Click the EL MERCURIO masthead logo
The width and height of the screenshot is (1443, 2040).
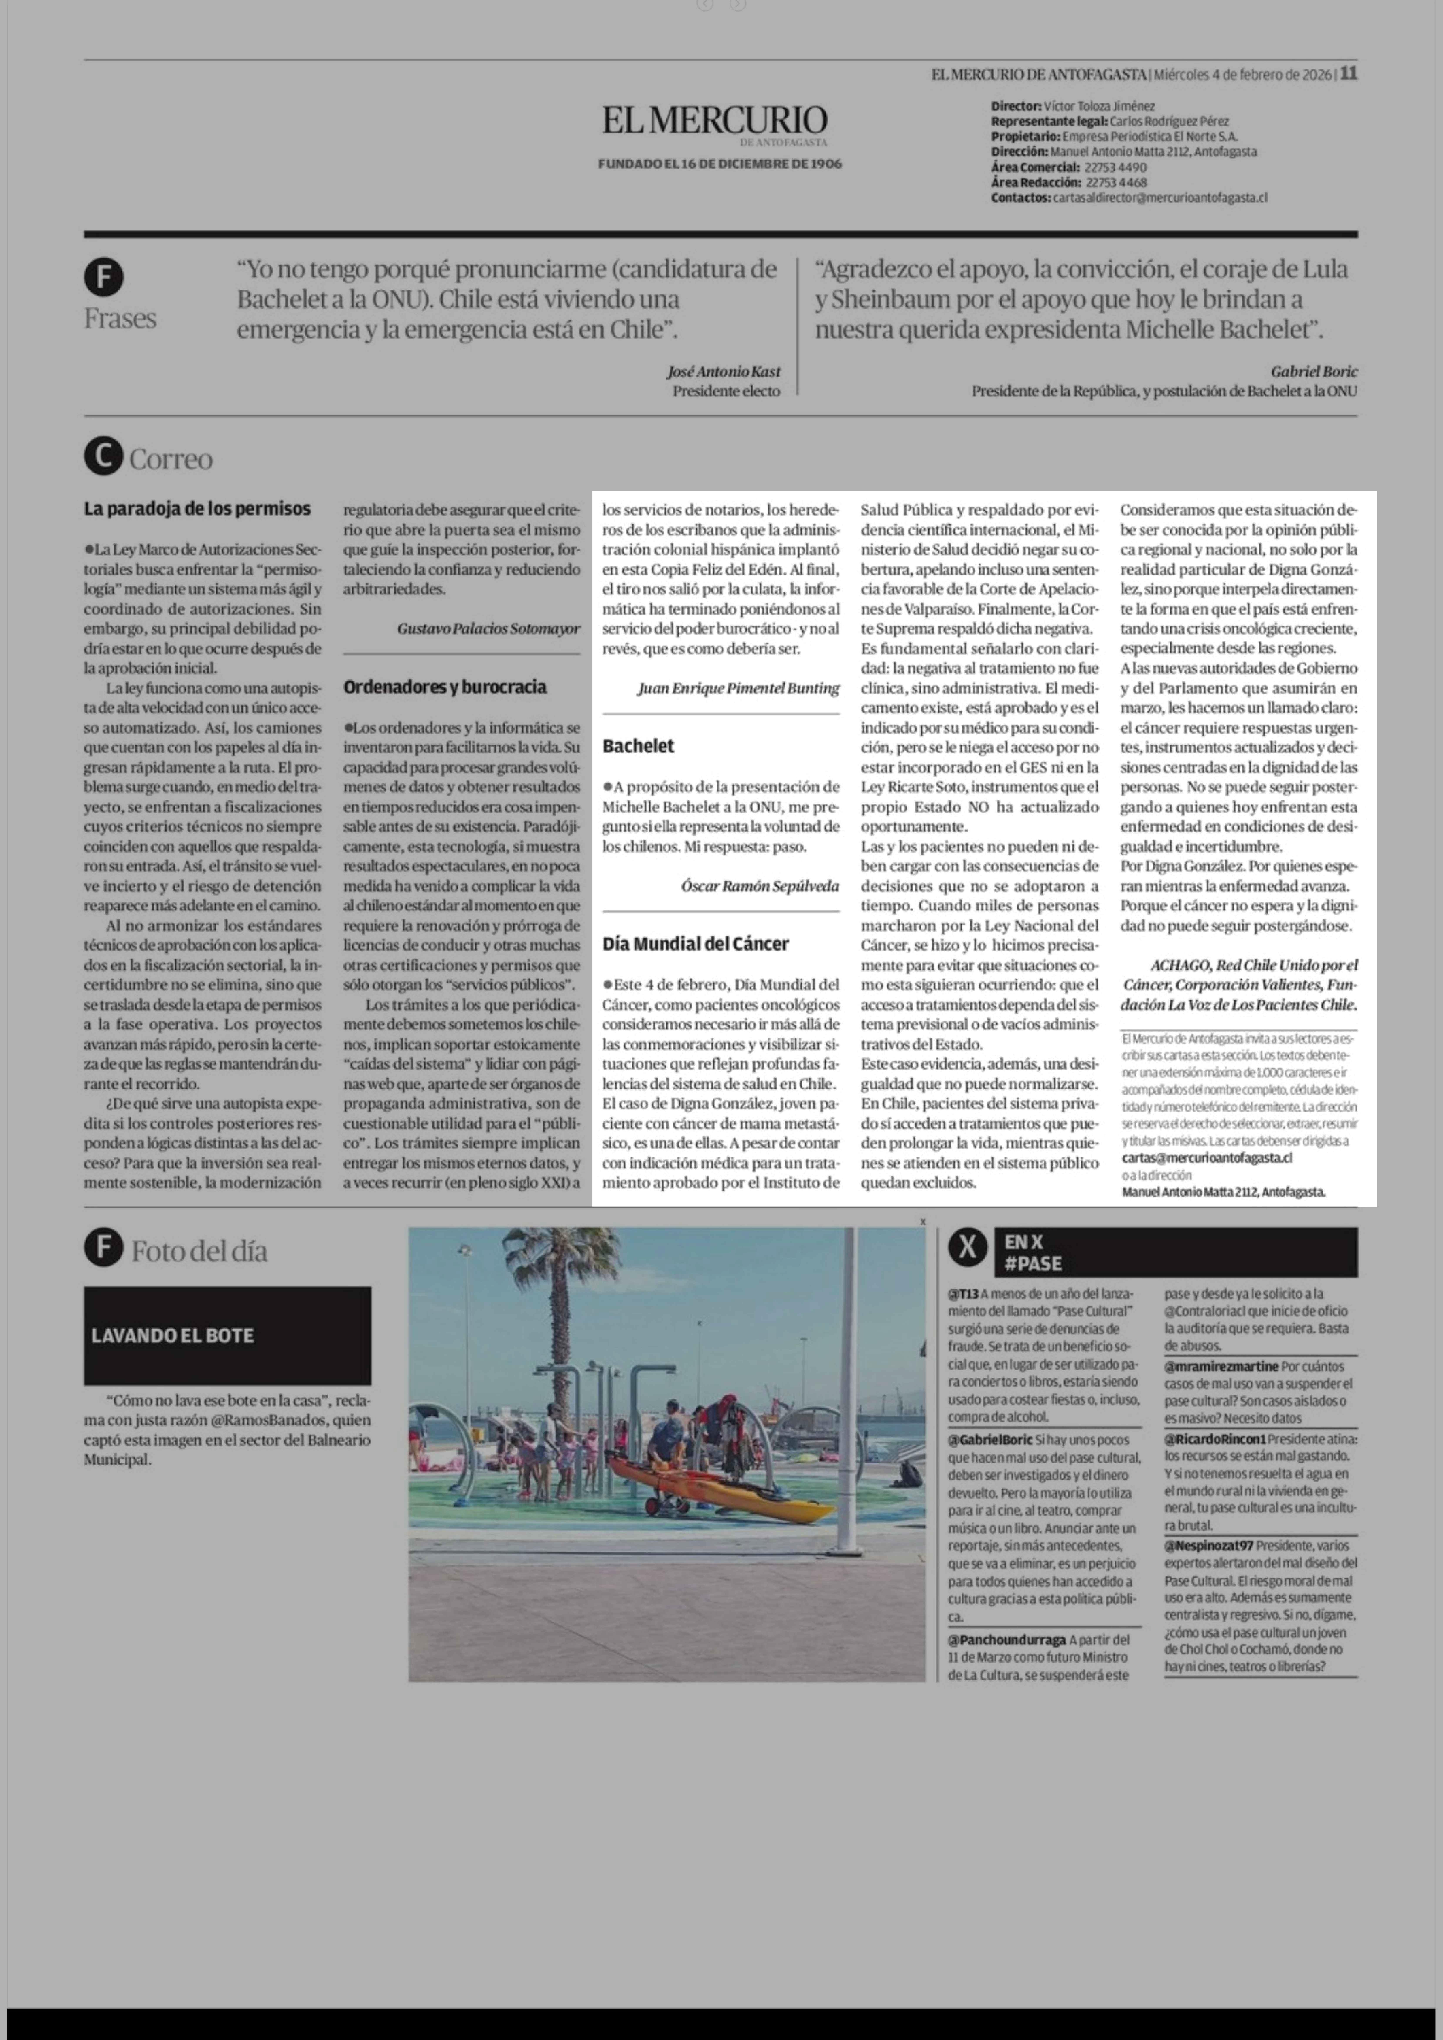(x=714, y=122)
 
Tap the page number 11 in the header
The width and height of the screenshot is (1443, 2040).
(x=1348, y=74)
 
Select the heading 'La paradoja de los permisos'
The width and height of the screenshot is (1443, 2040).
(x=197, y=509)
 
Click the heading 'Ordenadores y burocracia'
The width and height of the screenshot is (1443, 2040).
(x=444, y=687)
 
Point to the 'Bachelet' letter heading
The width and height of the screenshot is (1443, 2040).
(x=638, y=746)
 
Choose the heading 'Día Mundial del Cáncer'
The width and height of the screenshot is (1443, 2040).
(x=695, y=944)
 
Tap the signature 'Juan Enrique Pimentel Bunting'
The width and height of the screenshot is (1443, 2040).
(x=737, y=688)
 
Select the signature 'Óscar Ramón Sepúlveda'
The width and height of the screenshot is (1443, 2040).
(x=760, y=886)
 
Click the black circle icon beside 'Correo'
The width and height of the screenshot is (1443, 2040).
(x=103, y=458)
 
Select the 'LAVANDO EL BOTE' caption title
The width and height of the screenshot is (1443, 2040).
(x=172, y=1335)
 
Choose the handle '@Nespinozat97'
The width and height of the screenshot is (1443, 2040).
(x=1208, y=1545)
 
